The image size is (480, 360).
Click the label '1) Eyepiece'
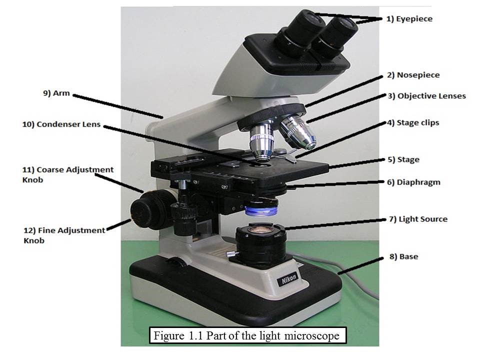pos(409,19)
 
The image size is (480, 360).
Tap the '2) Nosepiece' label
pos(413,75)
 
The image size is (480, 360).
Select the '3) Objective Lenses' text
pos(426,96)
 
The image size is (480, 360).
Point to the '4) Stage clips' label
pos(413,122)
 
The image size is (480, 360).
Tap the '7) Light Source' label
pos(418,219)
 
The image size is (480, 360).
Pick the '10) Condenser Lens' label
pos(61,124)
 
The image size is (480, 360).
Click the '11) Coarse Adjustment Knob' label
pos(67,174)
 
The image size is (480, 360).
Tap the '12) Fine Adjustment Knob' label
pos(64,235)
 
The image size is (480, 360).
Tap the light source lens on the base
pos(260,230)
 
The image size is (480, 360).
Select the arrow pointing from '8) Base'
pos(360,265)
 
